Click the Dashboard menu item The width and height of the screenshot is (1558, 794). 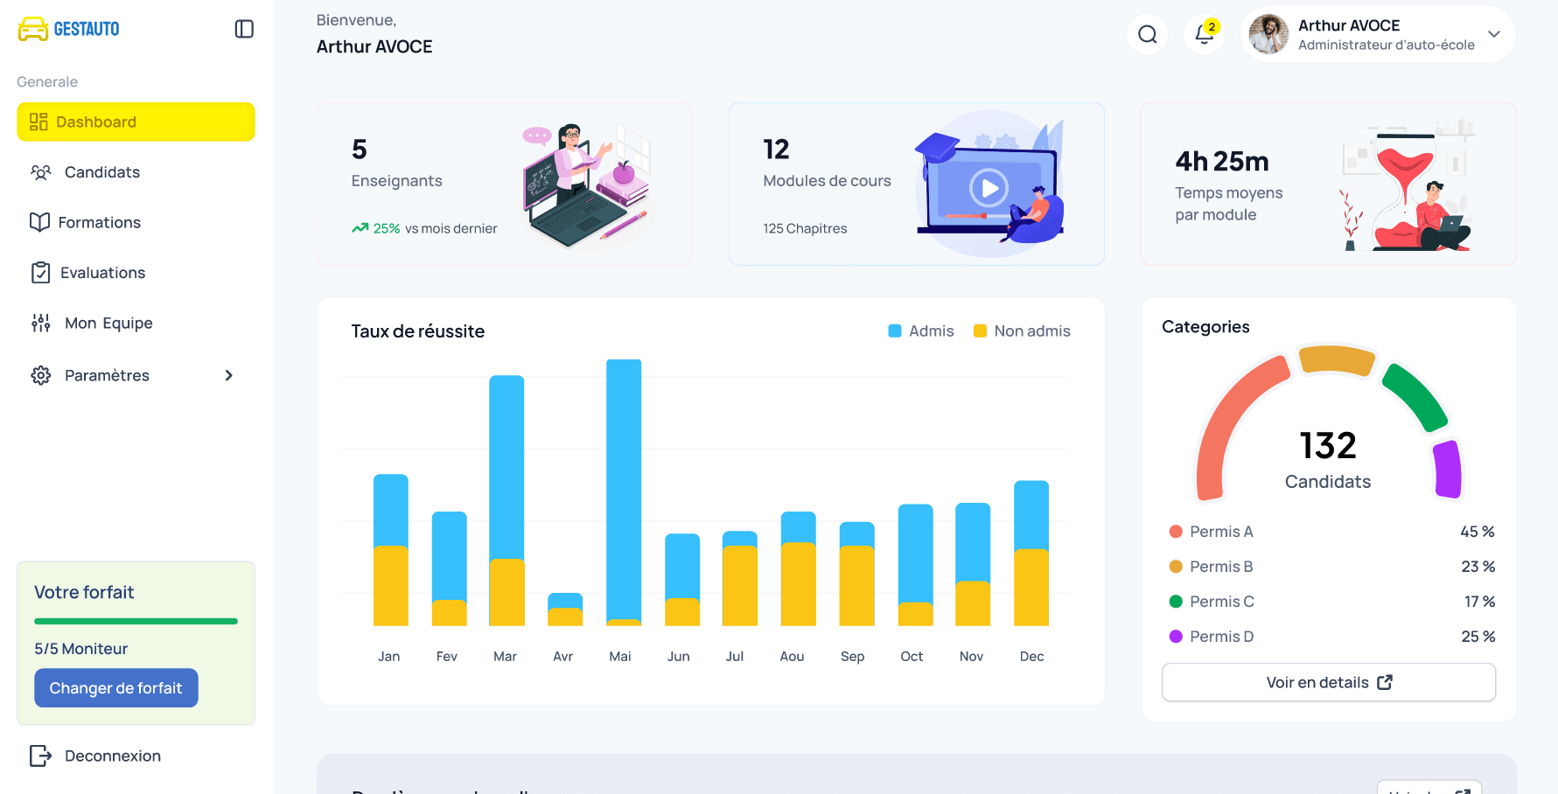(136, 122)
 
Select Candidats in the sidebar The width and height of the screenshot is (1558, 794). (101, 172)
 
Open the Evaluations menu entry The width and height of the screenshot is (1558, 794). (102, 273)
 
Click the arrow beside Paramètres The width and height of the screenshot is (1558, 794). (228, 375)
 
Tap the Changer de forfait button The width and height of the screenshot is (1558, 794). (116, 688)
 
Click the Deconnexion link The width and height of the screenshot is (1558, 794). (112, 756)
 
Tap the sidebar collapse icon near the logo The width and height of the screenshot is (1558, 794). (244, 29)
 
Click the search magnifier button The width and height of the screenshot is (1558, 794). (1147, 34)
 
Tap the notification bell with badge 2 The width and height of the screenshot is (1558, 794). (1205, 34)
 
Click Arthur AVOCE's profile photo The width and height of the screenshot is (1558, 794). (1268, 34)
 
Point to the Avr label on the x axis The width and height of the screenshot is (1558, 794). (562, 656)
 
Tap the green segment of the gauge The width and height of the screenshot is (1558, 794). (1414, 396)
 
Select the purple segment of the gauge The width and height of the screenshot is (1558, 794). (1448, 470)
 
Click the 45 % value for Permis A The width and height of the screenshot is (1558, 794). (1477, 532)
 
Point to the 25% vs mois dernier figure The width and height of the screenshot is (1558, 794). (387, 228)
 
